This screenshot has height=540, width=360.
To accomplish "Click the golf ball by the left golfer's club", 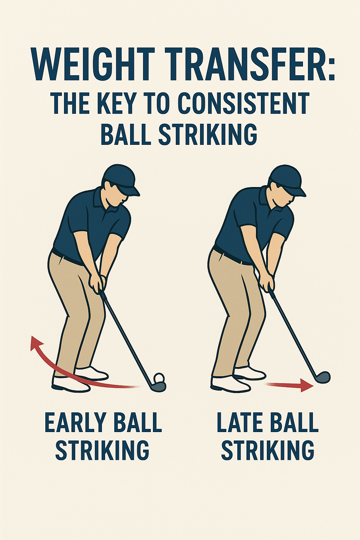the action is tap(159, 378).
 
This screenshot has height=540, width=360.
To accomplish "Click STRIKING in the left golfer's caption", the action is tap(102, 450).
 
